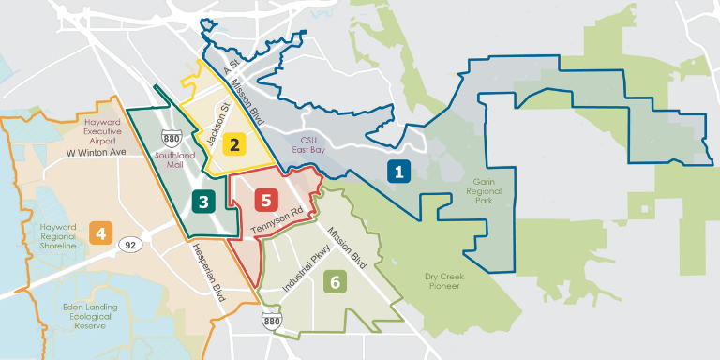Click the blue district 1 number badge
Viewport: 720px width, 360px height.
[x=398, y=172]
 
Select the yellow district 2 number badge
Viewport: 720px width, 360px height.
[x=238, y=143]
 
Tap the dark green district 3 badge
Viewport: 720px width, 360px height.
[x=202, y=200]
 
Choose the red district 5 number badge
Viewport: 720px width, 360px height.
[x=267, y=199]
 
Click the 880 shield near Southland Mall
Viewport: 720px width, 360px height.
[x=172, y=136]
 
